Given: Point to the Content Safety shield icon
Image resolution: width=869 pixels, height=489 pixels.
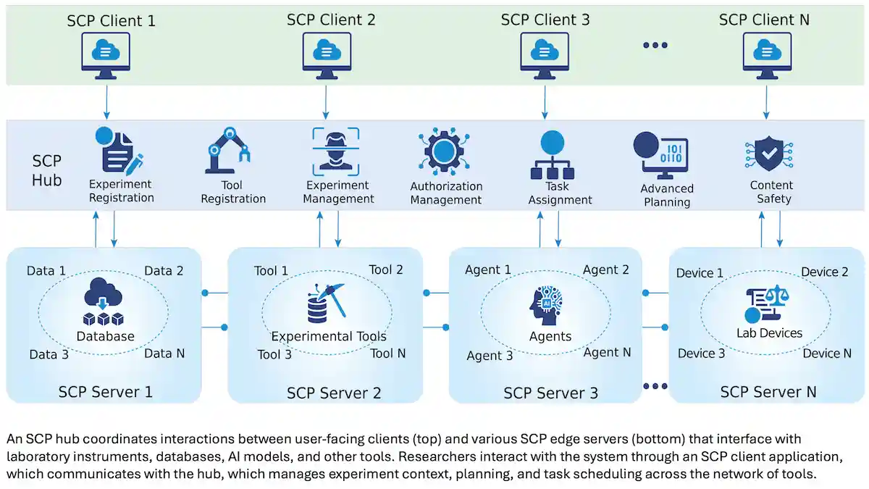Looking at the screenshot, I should click(770, 152).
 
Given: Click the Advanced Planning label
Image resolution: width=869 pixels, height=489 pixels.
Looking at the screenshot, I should click(666, 195).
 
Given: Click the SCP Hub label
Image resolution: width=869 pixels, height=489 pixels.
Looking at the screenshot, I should click(47, 170).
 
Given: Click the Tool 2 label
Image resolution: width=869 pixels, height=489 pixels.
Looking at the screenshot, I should click(386, 269).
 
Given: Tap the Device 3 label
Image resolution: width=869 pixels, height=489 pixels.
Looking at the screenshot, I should click(701, 353).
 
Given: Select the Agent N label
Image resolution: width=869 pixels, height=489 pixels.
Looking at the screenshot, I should click(607, 352).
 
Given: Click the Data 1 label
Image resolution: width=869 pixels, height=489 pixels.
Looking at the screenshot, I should click(46, 270).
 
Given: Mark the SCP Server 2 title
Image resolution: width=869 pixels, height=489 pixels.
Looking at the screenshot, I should click(334, 393).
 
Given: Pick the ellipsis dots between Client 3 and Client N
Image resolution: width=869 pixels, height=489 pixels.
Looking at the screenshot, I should click(655, 45).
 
